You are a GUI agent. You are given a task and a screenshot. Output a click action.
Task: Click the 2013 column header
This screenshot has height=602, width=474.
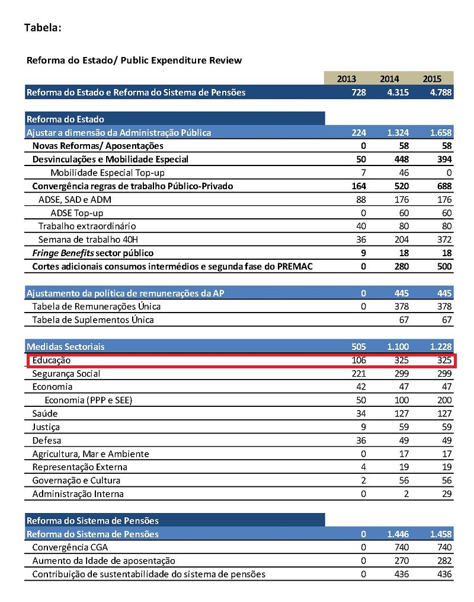point(347,79)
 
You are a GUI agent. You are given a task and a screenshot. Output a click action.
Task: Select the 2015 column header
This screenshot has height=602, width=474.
point(432,79)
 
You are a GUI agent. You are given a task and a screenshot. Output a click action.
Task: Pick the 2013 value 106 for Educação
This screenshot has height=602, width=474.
point(358,361)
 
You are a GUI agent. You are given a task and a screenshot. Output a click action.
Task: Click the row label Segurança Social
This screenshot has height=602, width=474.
point(66,374)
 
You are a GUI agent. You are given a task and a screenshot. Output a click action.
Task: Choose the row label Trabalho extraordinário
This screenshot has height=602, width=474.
point(87,226)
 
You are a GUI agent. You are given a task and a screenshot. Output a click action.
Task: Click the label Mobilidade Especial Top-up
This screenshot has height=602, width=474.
point(107,173)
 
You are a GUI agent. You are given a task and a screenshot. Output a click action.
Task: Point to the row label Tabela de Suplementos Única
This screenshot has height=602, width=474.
point(93,320)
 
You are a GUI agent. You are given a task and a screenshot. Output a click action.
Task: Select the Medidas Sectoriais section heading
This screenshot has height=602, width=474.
point(66,347)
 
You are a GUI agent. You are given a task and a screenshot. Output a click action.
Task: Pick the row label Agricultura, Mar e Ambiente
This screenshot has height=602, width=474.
point(90,454)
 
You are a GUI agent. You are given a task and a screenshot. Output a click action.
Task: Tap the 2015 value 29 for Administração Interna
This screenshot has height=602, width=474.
point(446,493)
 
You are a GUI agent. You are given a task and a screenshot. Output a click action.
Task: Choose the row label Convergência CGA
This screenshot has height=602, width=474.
point(70,547)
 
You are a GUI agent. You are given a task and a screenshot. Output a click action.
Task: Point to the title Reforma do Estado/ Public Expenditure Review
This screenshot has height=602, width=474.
point(134,60)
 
